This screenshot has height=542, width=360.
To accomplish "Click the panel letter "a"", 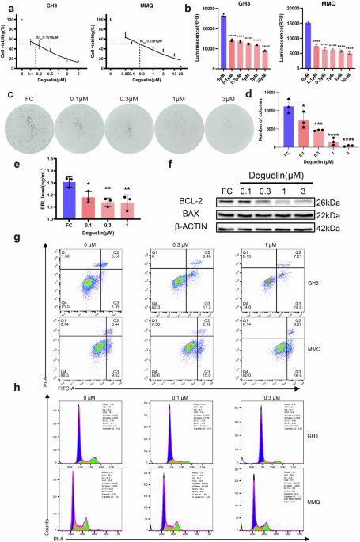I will point(7,7).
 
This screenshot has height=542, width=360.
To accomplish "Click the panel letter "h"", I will point(7,388).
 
